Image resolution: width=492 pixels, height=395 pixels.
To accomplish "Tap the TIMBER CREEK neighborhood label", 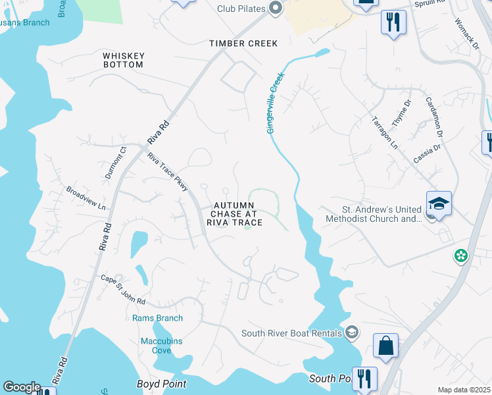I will (243, 43).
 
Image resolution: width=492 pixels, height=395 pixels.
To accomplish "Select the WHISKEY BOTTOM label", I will (123, 60).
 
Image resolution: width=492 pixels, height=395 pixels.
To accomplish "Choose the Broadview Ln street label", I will (86, 197).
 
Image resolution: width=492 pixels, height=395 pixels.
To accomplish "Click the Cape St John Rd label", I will (122, 290).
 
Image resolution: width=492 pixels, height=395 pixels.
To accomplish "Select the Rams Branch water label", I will (157, 319).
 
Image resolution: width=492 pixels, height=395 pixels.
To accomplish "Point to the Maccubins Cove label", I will (161, 346).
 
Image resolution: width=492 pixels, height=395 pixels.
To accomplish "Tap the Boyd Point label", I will (161, 384).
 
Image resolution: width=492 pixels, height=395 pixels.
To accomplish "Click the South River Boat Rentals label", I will (293, 332).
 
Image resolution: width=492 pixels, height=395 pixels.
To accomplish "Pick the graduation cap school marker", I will (439, 202).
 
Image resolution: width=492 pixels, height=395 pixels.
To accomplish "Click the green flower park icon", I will (461, 255).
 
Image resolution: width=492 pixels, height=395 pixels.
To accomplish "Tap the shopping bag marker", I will (385, 344).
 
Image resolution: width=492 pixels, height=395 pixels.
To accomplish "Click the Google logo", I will (22, 387).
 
